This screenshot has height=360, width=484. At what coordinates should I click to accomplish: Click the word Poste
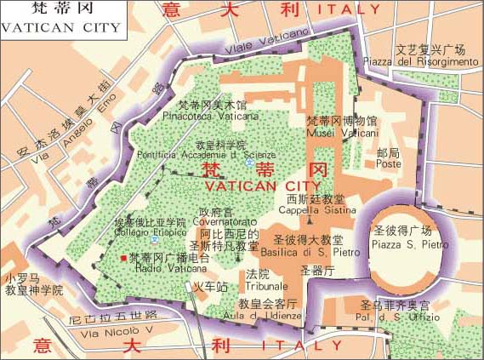(388, 164)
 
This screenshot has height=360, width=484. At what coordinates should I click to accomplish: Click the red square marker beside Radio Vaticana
(124, 258)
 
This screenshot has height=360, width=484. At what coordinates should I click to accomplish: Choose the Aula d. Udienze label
(267, 315)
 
